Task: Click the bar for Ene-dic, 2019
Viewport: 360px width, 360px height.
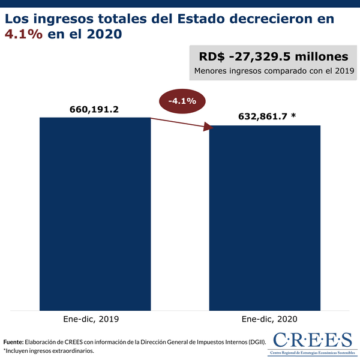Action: (x=95, y=213)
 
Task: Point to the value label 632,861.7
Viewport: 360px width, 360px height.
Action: (x=255, y=116)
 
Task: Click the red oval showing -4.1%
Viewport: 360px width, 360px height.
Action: (x=182, y=101)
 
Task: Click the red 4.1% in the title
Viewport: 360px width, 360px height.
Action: (x=23, y=35)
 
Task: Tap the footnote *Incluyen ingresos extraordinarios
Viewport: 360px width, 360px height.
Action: (x=49, y=350)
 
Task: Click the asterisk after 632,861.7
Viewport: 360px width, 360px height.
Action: (x=293, y=116)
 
